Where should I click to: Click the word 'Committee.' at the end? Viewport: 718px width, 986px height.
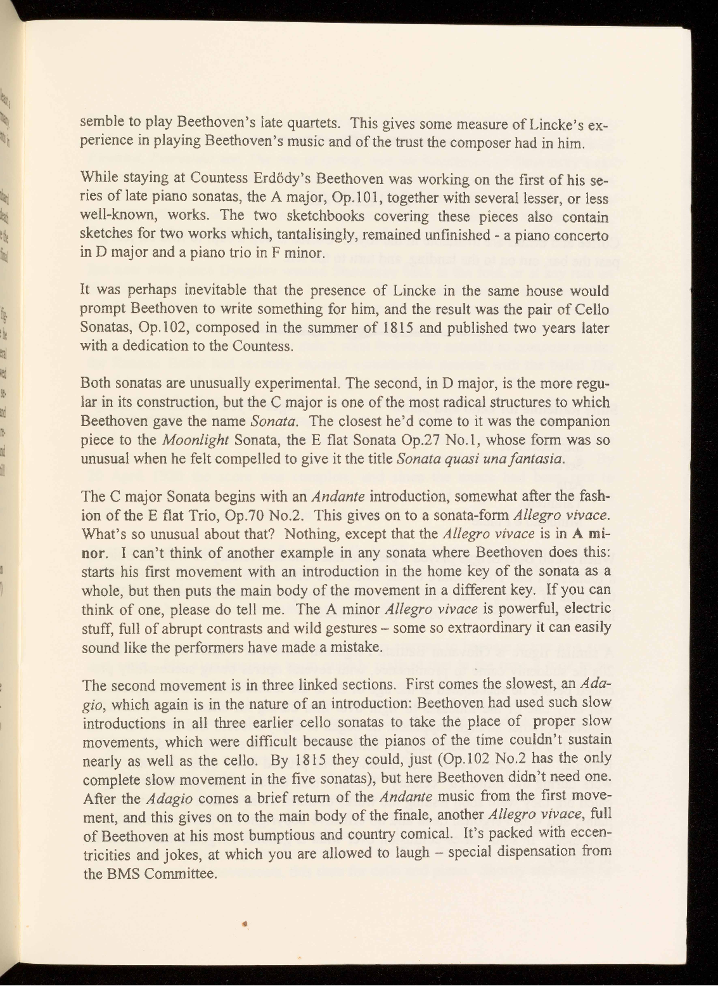coord(181,873)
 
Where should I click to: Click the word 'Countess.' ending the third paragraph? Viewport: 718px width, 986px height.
coord(262,347)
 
